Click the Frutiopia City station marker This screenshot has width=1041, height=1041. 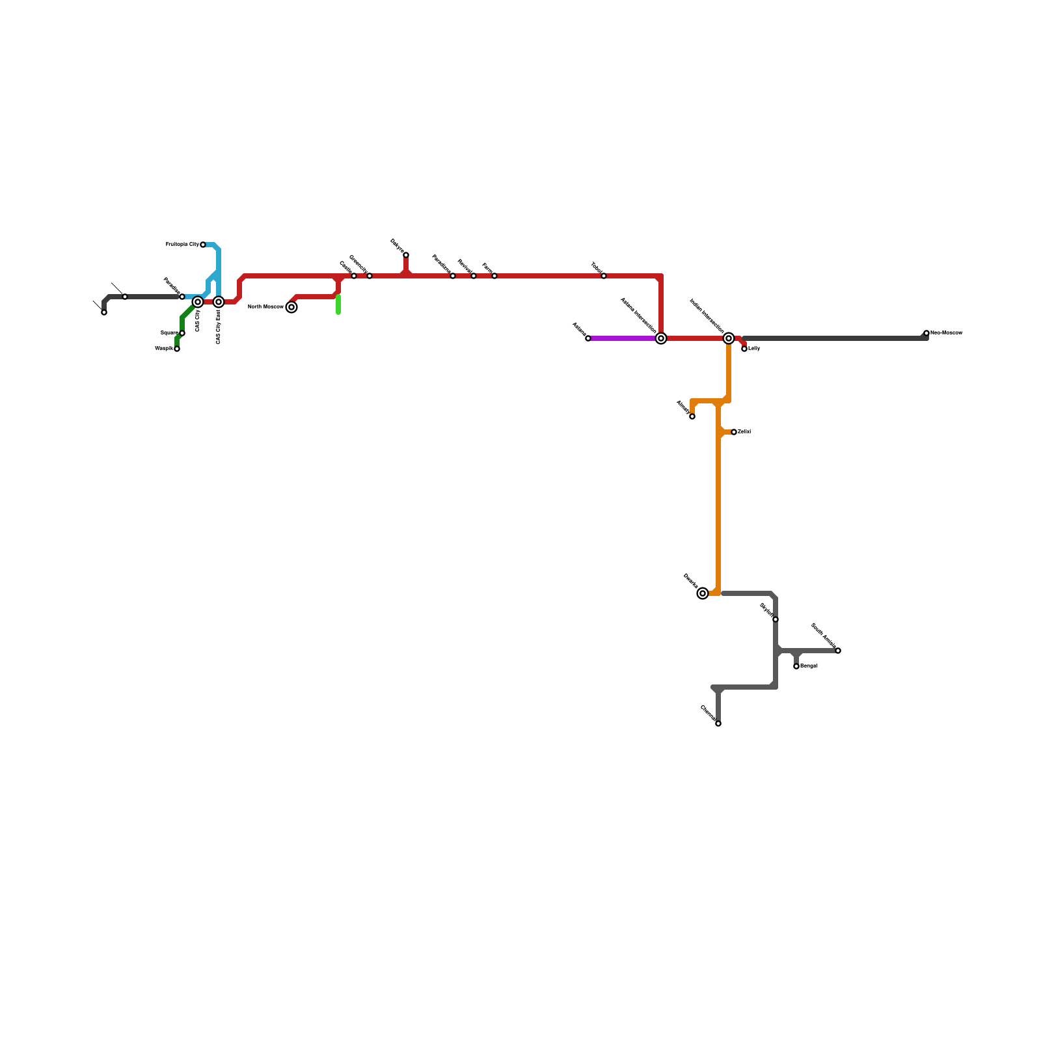(x=203, y=245)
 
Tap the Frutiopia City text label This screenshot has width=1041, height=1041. (x=182, y=245)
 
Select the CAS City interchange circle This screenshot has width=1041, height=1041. (x=198, y=302)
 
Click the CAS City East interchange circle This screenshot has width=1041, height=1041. (x=219, y=302)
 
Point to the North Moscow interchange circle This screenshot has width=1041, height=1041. (x=291, y=307)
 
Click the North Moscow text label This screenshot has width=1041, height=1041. (x=265, y=306)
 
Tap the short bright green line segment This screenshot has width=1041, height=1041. (x=338, y=304)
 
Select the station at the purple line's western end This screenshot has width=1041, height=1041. (x=588, y=338)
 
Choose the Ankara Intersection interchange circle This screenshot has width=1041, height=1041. (x=661, y=338)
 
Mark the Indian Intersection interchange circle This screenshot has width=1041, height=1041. (x=729, y=338)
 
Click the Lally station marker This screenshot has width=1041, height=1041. (x=744, y=349)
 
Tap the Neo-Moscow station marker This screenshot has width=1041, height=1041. (x=926, y=333)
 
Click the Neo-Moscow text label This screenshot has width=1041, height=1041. (x=946, y=333)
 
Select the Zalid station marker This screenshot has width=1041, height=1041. (x=734, y=432)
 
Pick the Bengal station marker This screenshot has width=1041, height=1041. (x=796, y=666)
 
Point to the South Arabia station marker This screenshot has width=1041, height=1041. (x=838, y=651)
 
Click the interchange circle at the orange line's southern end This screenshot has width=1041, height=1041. (x=703, y=593)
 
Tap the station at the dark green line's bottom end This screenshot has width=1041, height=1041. (x=177, y=349)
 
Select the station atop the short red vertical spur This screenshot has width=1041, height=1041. (x=406, y=255)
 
